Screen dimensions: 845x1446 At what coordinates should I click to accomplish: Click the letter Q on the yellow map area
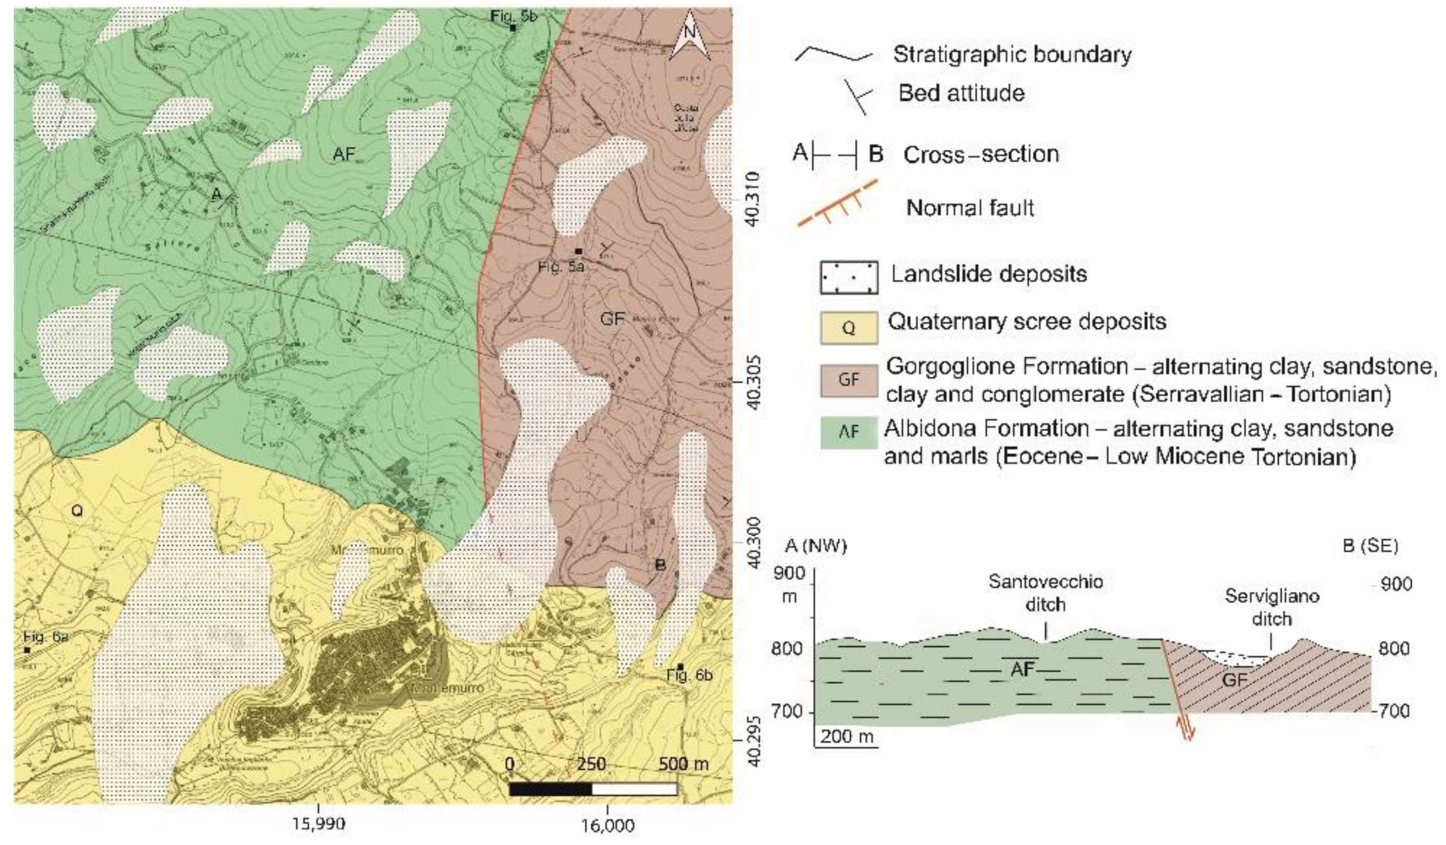pyautogui.click(x=76, y=510)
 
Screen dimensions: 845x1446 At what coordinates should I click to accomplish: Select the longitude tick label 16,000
pyautogui.click(x=607, y=825)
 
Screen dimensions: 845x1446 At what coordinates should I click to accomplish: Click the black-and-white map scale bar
pyautogui.click(x=593, y=789)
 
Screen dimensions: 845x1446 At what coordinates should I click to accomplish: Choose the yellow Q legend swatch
pyautogui.click(x=849, y=328)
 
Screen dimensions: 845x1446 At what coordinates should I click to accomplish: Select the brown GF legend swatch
pyautogui.click(x=849, y=379)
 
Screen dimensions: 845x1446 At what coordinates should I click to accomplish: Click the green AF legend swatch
pyautogui.click(x=849, y=432)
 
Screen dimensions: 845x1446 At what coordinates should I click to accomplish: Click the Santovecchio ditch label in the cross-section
pyautogui.click(x=1045, y=593)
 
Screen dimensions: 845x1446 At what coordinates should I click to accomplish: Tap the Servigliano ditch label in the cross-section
pyautogui.click(x=1272, y=608)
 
